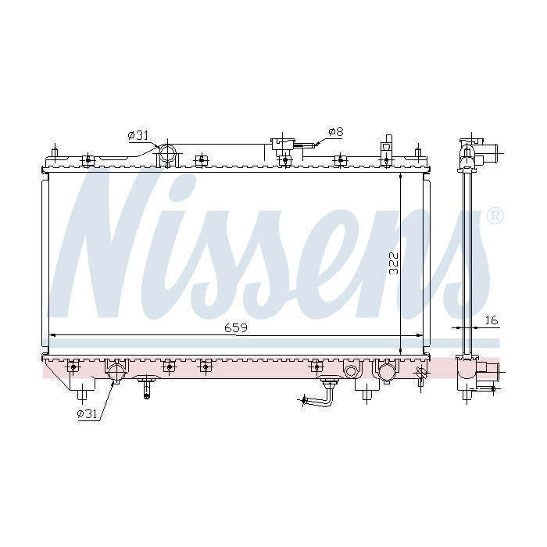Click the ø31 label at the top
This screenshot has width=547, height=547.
[138, 135]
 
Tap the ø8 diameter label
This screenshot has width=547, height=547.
[336, 132]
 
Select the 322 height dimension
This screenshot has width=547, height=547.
[394, 263]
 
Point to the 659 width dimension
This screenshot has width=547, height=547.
[236, 328]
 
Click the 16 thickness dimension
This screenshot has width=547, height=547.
[492, 320]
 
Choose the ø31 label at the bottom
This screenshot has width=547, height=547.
[87, 413]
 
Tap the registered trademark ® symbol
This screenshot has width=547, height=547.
[495, 216]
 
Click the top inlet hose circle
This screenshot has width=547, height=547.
[168, 154]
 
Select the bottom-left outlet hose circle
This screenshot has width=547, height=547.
[116, 372]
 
